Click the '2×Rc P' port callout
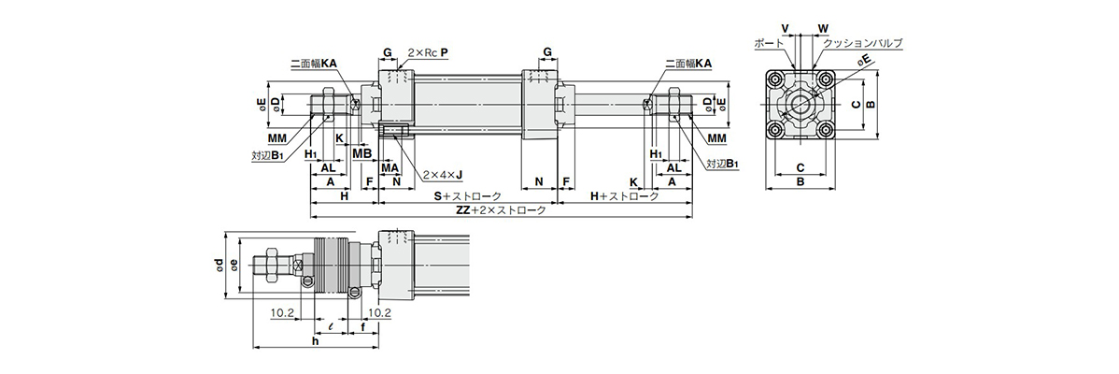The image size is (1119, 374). click(428, 52)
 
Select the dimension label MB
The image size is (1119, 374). click(362, 152)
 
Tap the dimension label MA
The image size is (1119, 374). click(389, 167)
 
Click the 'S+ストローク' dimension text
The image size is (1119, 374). click(467, 196)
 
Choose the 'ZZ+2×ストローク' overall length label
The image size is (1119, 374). click(501, 210)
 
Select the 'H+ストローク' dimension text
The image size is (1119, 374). click(625, 196)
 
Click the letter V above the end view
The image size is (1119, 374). click(785, 29)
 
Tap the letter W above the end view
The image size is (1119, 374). click(823, 29)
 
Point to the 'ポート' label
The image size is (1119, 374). click(769, 44)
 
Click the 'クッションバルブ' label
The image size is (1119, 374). click(863, 44)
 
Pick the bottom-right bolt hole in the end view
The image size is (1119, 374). click(826, 130)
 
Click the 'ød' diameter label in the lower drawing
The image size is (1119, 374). click(220, 266)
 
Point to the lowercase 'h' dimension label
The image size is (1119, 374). click(315, 341)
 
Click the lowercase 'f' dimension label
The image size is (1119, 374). click(363, 327)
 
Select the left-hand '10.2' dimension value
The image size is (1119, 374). click(283, 312)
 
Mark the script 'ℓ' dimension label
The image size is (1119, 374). click(331, 327)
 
